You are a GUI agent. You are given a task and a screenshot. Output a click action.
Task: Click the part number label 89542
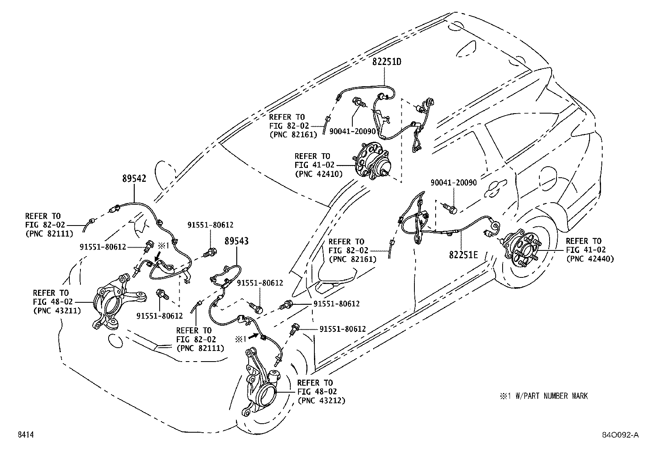(x=134, y=178)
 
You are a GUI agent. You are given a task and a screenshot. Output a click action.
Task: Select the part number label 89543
(x=236, y=241)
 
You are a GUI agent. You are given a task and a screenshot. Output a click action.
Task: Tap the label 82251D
(x=387, y=62)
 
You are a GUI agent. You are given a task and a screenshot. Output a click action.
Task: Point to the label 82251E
(x=463, y=255)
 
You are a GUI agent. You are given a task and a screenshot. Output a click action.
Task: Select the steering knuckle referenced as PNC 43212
(x=261, y=383)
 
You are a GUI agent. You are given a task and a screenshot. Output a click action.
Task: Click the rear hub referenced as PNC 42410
(x=372, y=161)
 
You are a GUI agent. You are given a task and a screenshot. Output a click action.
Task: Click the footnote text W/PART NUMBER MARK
(x=552, y=396)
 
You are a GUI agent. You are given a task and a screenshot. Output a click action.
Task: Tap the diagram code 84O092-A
(x=621, y=435)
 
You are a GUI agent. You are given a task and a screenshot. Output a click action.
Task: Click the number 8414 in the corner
(x=26, y=434)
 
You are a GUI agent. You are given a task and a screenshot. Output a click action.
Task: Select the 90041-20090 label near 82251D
(x=352, y=132)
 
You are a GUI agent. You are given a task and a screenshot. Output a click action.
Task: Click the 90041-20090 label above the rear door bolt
(x=454, y=183)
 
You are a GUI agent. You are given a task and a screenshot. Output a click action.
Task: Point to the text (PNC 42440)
(x=590, y=259)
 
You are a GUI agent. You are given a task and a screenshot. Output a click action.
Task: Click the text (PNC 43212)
(x=321, y=401)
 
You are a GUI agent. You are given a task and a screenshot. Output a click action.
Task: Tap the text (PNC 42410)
(x=318, y=174)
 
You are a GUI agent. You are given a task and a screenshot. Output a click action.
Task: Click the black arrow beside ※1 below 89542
(x=158, y=257)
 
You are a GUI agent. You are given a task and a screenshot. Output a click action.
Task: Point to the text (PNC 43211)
(x=57, y=311)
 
